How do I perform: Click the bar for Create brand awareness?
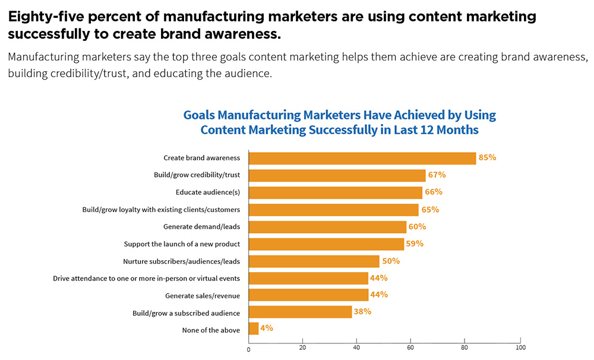(x=362, y=158)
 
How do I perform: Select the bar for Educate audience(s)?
(x=336, y=192)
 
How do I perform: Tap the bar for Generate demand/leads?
(x=327, y=227)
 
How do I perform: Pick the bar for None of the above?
(x=254, y=329)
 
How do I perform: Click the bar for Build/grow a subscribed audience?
(x=300, y=312)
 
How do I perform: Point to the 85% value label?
(x=487, y=158)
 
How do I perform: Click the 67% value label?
(x=437, y=175)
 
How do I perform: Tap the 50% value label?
(x=390, y=261)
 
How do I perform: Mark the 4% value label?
(x=267, y=328)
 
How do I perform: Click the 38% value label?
(x=362, y=312)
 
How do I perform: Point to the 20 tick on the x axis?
(x=302, y=348)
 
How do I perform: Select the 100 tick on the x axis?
(x=520, y=348)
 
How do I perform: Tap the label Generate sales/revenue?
(x=203, y=295)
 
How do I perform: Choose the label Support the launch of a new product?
(x=182, y=244)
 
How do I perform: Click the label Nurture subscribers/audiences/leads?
(x=181, y=261)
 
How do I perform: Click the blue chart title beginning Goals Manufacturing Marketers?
(x=339, y=122)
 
